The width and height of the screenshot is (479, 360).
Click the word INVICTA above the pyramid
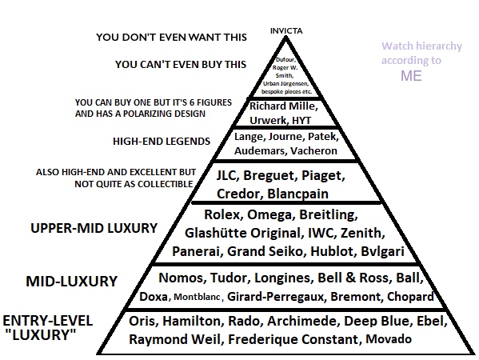point(286,31)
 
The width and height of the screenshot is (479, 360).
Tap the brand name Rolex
point(222,214)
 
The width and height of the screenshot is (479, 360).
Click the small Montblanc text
point(197,297)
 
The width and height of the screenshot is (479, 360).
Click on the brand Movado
point(389,339)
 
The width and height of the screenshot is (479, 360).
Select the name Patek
point(322,136)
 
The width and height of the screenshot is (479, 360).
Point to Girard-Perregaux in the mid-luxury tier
point(275,297)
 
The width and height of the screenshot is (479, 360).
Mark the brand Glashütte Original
point(242,234)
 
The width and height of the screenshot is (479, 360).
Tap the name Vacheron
point(313,150)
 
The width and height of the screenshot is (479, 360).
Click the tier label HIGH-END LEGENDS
point(162,141)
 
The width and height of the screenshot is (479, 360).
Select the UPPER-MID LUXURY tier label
point(94,228)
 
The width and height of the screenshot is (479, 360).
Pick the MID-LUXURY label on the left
point(71,281)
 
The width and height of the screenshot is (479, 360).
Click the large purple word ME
point(411,76)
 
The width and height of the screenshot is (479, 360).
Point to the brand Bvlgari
point(383,251)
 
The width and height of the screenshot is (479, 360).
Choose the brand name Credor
point(238,194)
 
